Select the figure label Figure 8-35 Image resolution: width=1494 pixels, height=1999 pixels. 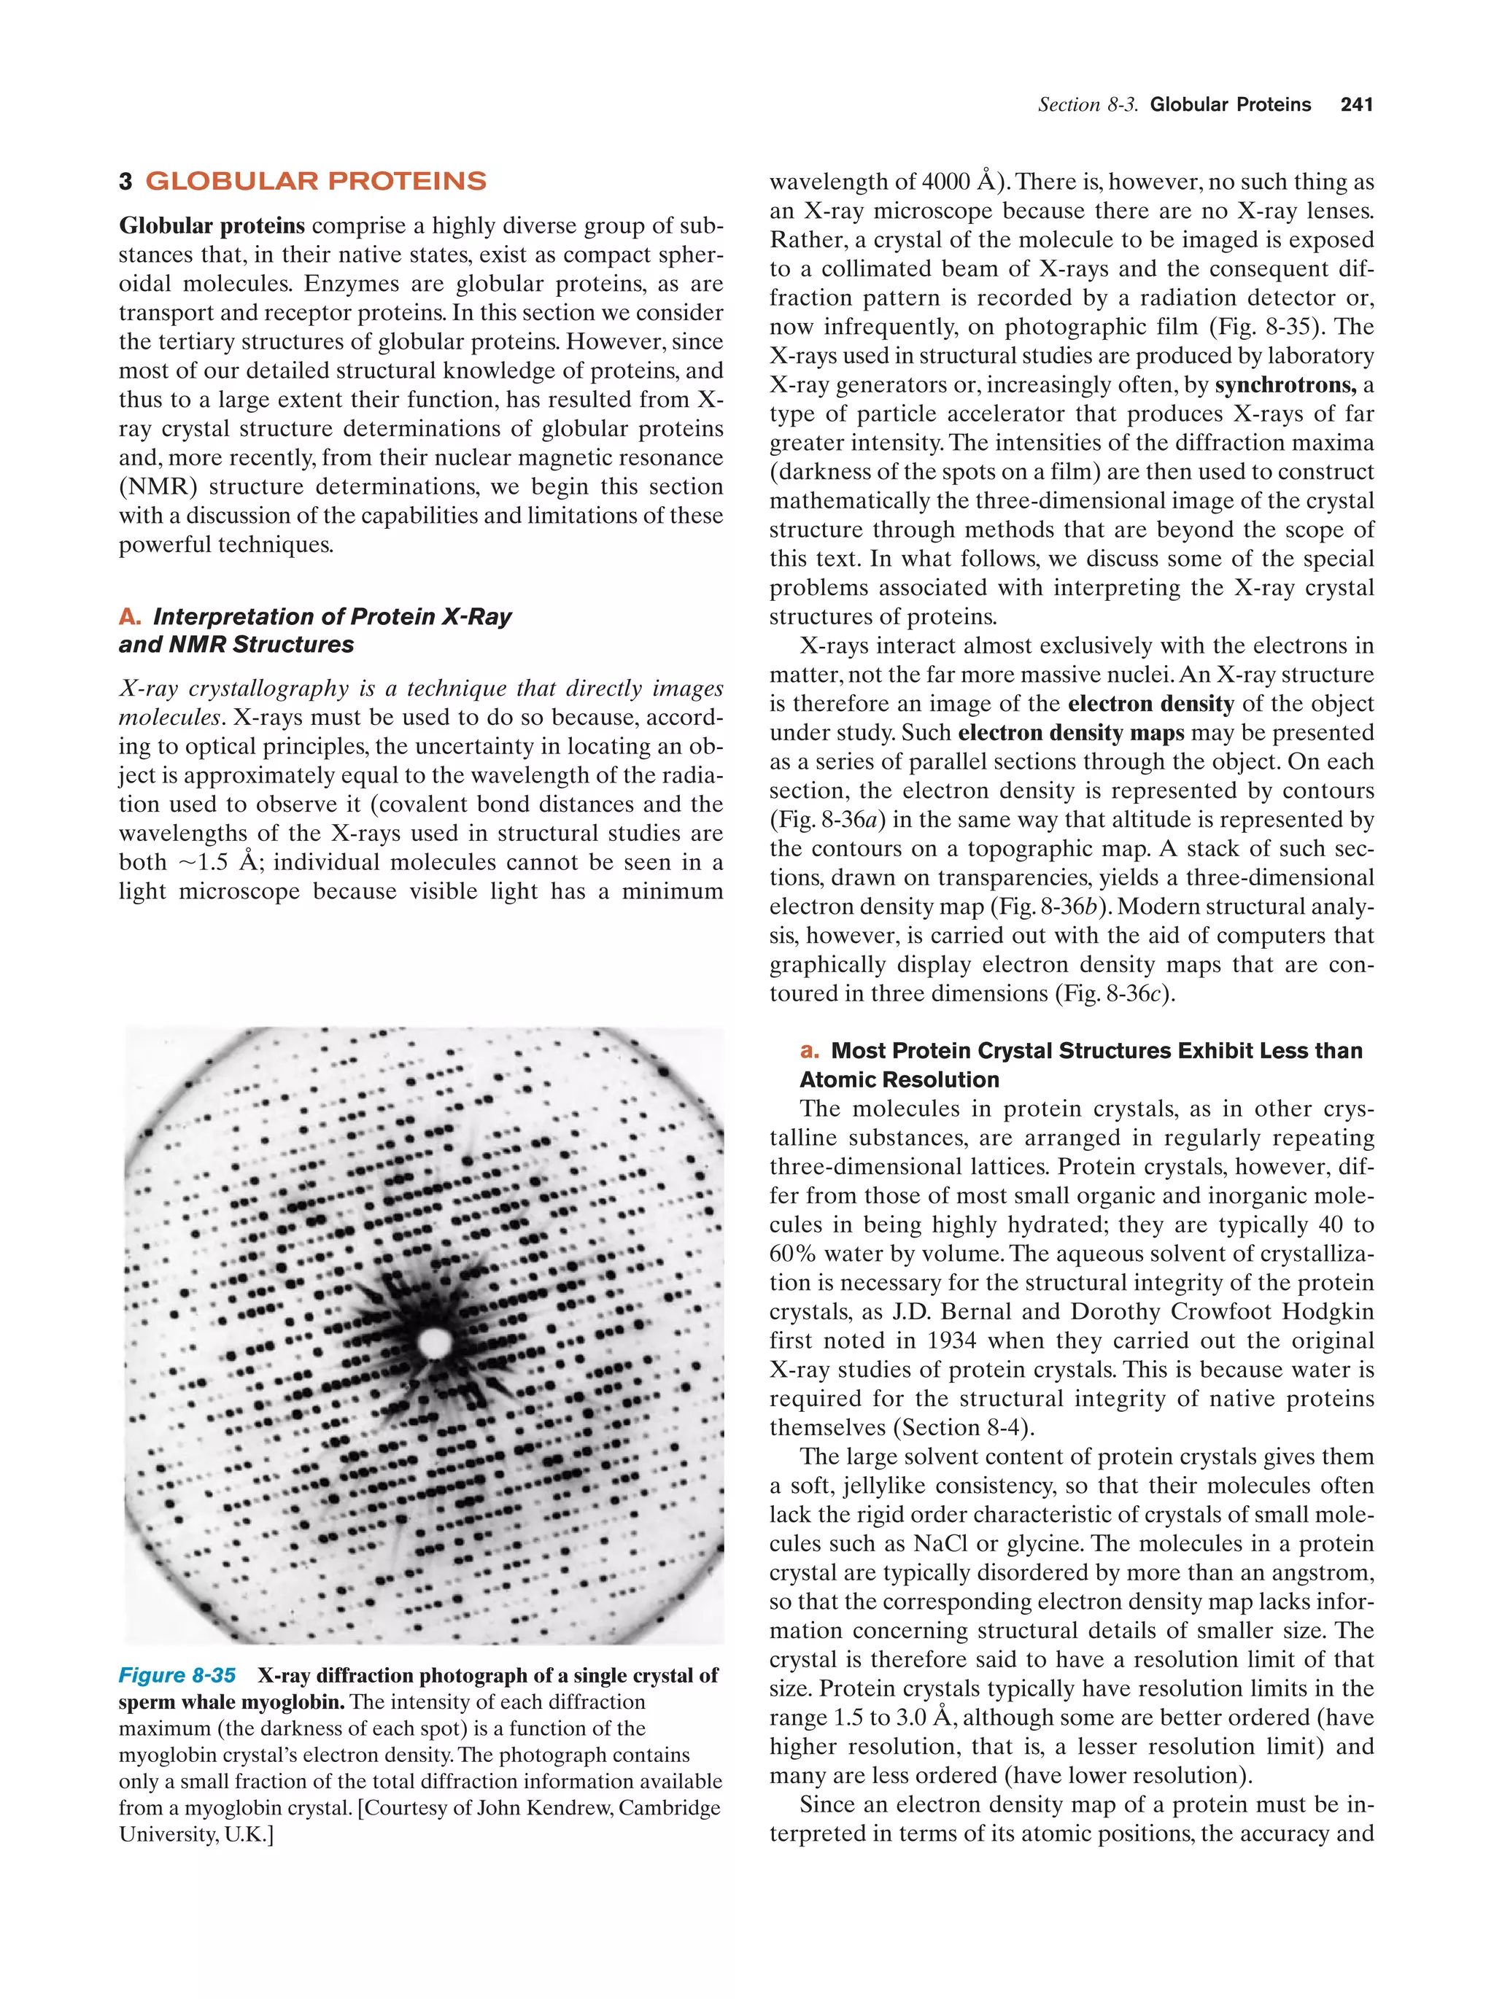[177, 1675]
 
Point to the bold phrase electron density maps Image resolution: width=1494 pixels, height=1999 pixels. [1070, 733]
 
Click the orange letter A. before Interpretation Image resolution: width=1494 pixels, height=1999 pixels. [129, 617]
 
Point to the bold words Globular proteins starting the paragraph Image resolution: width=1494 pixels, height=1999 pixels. [212, 226]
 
